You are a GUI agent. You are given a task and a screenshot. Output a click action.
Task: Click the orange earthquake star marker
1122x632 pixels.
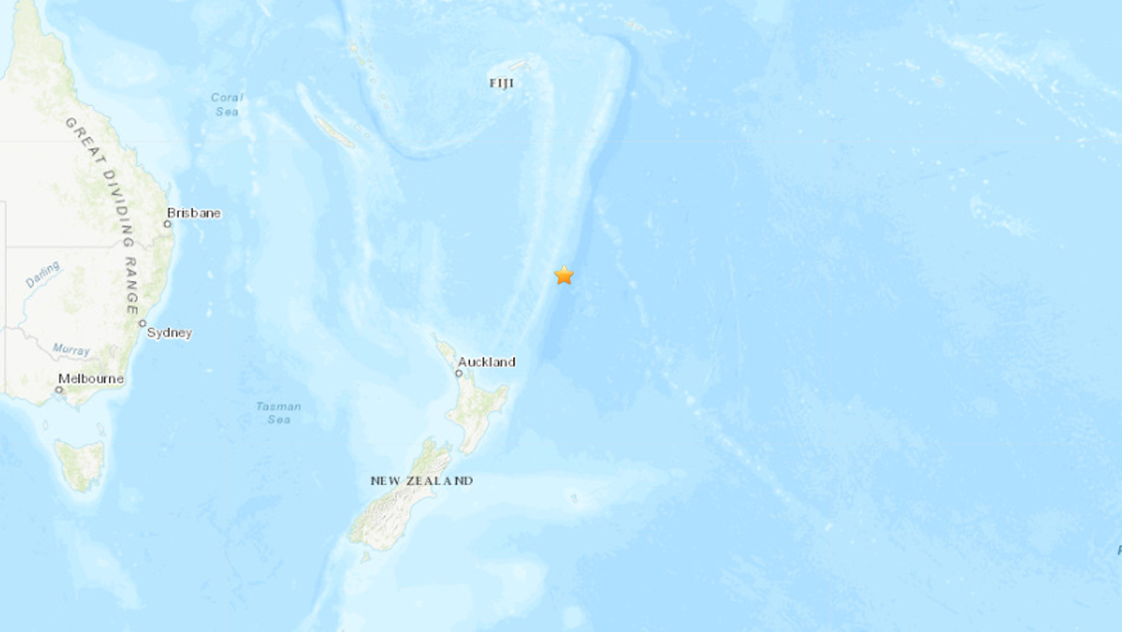pos(564,275)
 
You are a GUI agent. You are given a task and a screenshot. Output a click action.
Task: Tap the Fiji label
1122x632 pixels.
pos(502,83)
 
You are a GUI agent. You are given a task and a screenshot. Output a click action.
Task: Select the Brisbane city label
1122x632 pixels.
pos(194,213)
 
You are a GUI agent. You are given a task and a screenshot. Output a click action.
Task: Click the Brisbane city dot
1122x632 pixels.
pos(168,224)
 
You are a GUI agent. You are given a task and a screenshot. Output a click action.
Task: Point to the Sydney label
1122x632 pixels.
pos(170,333)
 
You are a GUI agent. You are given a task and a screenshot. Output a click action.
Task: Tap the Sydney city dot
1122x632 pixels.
pos(143,323)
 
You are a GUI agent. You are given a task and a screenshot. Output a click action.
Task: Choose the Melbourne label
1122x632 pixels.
pos(91,379)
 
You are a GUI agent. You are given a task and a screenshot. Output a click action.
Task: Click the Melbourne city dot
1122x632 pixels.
pos(59,390)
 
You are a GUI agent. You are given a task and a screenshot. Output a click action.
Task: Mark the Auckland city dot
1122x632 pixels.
pos(459,374)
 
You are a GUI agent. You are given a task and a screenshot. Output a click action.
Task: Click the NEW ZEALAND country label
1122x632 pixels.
pos(421,481)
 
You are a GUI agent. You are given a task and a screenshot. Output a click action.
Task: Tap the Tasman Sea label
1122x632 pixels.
pos(278,412)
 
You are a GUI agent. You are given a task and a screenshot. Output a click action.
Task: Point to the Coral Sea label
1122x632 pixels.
pos(227,104)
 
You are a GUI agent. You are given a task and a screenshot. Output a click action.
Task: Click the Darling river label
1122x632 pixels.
pos(43,274)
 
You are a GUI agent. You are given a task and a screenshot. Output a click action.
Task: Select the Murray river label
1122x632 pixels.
pos(71,350)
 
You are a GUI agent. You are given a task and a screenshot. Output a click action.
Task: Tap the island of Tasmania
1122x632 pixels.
pos(80,465)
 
